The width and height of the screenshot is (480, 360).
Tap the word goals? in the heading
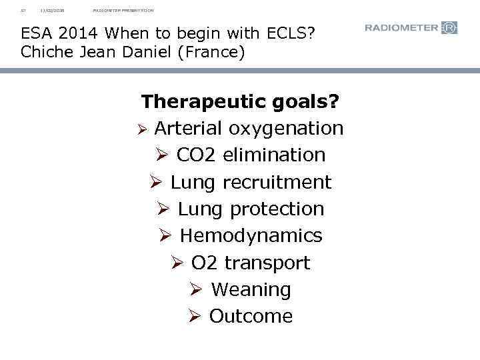tap(308, 102)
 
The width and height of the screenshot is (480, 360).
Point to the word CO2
tap(197, 155)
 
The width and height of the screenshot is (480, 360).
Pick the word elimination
tap(274, 155)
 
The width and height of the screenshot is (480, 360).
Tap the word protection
tap(277, 209)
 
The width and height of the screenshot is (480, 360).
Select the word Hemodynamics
tap(251, 235)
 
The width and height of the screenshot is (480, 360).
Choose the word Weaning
tap(251, 289)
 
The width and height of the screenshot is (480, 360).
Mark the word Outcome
tap(251, 316)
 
